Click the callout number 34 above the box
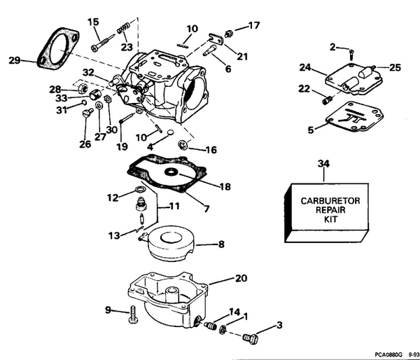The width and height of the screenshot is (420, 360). click(x=323, y=164)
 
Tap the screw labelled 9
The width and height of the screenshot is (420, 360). click(x=132, y=316)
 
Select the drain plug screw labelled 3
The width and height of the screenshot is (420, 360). click(x=249, y=338)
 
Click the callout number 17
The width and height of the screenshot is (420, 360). click(x=254, y=26)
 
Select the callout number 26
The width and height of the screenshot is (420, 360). click(x=84, y=144)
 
